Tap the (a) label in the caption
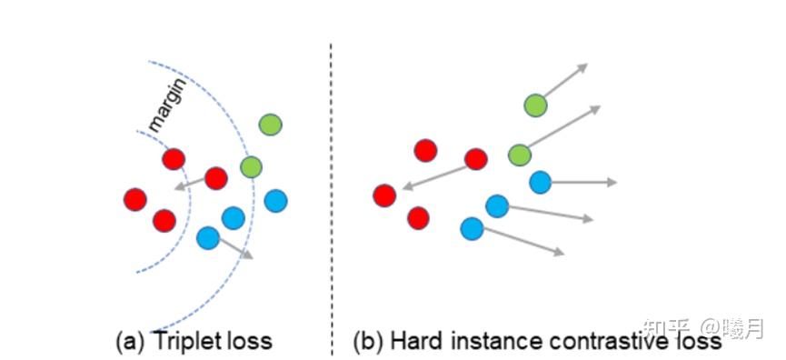(131, 342)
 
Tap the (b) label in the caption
(370, 342)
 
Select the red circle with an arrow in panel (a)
(215, 178)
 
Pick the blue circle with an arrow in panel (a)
(208, 238)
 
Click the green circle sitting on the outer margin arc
(251, 167)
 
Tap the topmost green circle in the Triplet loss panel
(270, 125)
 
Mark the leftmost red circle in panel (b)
(384, 195)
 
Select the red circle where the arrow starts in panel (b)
(475, 159)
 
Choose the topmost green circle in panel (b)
(535, 105)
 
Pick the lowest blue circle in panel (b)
(472, 228)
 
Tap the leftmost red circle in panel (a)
(135, 198)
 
